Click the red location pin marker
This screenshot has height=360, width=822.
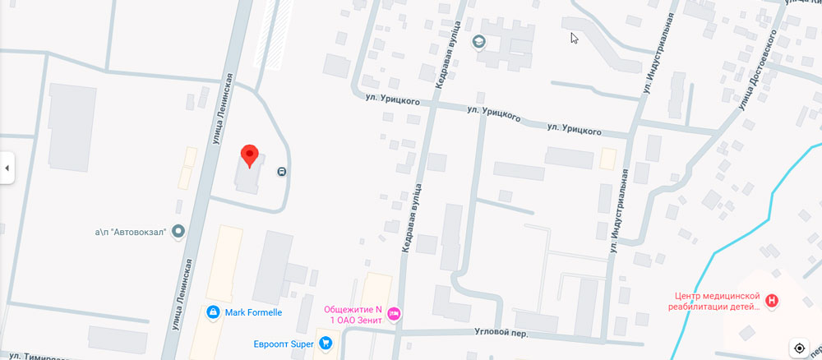(x=249, y=155)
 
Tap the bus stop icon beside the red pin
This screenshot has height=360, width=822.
(x=282, y=172)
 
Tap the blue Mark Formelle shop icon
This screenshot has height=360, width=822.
(x=213, y=312)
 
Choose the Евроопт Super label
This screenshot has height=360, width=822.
(x=284, y=344)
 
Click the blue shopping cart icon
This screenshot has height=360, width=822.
(x=326, y=344)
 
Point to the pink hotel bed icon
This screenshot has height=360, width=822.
(x=394, y=313)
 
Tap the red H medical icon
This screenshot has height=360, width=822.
(x=771, y=301)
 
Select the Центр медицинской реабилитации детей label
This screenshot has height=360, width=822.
(x=715, y=301)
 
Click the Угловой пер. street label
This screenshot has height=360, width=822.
(x=501, y=334)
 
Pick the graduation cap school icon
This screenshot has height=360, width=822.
(x=479, y=41)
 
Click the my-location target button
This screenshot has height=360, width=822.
(x=800, y=348)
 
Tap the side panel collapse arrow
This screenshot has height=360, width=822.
(x=7, y=168)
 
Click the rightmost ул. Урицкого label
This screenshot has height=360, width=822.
(x=575, y=130)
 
